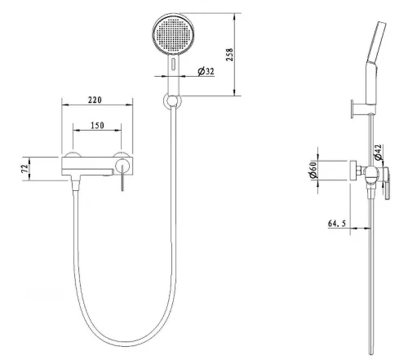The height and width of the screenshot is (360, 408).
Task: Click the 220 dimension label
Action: point(95,100)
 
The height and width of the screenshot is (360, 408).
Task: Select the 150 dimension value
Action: point(97,126)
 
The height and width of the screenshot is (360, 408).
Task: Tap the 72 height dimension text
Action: point(25,168)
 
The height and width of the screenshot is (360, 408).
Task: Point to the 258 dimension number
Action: point(230,55)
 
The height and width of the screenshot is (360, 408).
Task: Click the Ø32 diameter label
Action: point(206,71)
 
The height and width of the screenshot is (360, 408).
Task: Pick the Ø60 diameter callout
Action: point(313,170)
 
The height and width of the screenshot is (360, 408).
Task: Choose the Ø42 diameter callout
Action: point(378,153)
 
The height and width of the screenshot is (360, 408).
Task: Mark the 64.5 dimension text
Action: point(337,224)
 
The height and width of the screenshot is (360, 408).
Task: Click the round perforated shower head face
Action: point(173,34)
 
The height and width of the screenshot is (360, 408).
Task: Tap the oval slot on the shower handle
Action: point(173,64)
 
